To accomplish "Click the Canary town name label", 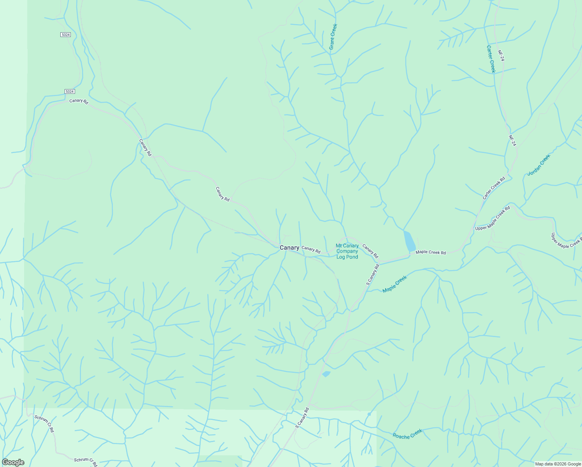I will click(x=289, y=248).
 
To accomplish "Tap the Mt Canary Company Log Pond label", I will click(x=347, y=251).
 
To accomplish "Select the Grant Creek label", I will click(x=333, y=37).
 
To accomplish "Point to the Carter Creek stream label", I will click(x=491, y=59).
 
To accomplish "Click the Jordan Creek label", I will click(x=539, y=165).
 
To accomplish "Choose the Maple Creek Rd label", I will click(x=431, y=253).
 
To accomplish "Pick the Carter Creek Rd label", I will click(x=494, y=188).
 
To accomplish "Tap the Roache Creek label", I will click(x=407, y=434).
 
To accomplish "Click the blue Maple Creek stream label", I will click(x=394, y=284).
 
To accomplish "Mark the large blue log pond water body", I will click(x=409, y=241).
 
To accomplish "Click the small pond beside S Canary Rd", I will click(x=326, y=374).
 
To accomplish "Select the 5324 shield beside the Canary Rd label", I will click(x=70, y=91).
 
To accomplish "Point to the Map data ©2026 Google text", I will click(x=558, y=464).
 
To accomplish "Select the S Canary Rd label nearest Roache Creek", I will click(x=302, y=418).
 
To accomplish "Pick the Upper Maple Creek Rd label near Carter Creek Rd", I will click(x=493, y=218).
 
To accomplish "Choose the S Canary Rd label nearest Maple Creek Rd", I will click(x=372, y=275).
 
